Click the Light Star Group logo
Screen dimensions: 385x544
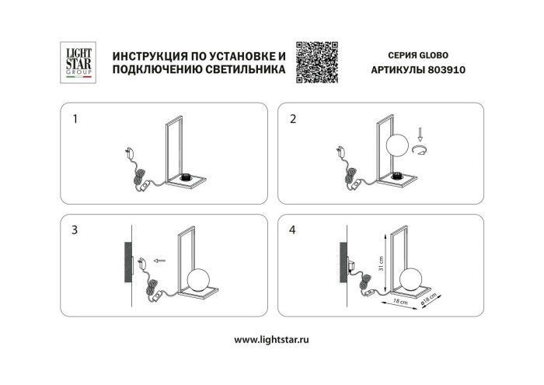pyautogui.click(x=78, y=61)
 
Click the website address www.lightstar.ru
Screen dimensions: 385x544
pyautogui.click(x=272, y=339)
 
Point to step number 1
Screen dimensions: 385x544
pyautogui.click(x=75, y=120)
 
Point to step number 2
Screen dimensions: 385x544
pyautogui.click(x=293, y=120)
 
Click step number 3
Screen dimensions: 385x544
pyautogui.click(x=75, y=230)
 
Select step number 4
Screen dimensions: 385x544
pyautogui.click(x=293, y=230)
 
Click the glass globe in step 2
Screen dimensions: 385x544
pyautogui.click(x=399, y=146)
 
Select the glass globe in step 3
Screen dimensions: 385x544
pyautogui.click(x=198, y=281)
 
